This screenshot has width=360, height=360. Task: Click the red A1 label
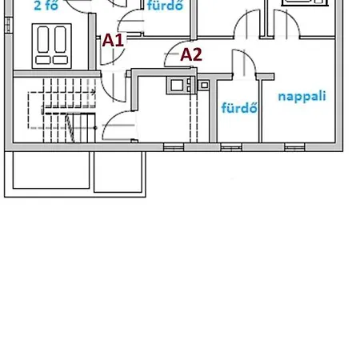coord(113,41)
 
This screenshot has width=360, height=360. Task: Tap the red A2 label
coord(191,55)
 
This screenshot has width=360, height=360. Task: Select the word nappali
coord(302,96)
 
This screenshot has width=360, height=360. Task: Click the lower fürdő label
coord(239,107)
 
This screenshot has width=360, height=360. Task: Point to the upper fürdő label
coord(166,6)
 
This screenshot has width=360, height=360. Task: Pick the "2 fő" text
coord(46,6)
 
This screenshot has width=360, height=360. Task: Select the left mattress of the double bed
coord(43,39)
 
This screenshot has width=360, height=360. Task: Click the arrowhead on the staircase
coord(93,92)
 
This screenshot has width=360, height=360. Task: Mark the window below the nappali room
coord(294,147)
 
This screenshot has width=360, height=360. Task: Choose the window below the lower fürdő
coord(231,147)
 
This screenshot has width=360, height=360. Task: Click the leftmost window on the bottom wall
coord(174,147)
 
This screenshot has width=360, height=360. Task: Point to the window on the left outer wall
coord(9,25)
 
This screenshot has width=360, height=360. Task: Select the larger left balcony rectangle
coord(51,170)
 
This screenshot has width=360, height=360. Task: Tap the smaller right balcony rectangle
coord(118,172)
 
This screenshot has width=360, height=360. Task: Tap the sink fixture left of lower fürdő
coord(204,86)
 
